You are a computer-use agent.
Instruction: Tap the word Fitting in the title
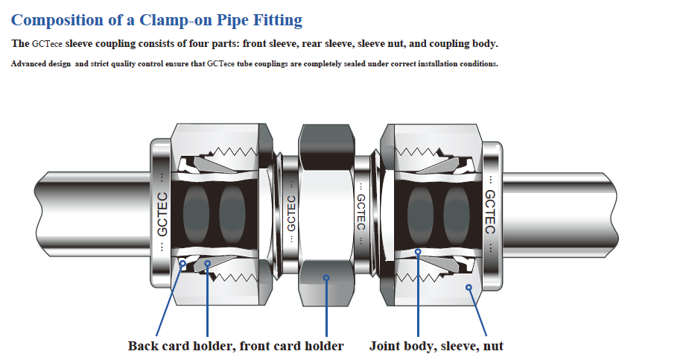pyautogui.click(x=276, y=21)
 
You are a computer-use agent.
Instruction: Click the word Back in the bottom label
pyautogui.click(x=143, y=346)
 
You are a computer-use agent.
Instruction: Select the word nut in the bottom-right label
pyautogui.click(x=492, y=346)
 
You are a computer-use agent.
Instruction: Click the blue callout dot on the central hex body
pyautogui.click(x=325, y=279)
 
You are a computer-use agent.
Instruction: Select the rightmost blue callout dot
pyautogui.click(x=469, y=286)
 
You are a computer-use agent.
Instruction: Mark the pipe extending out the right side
pyautogui.click(x=566, y=210)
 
